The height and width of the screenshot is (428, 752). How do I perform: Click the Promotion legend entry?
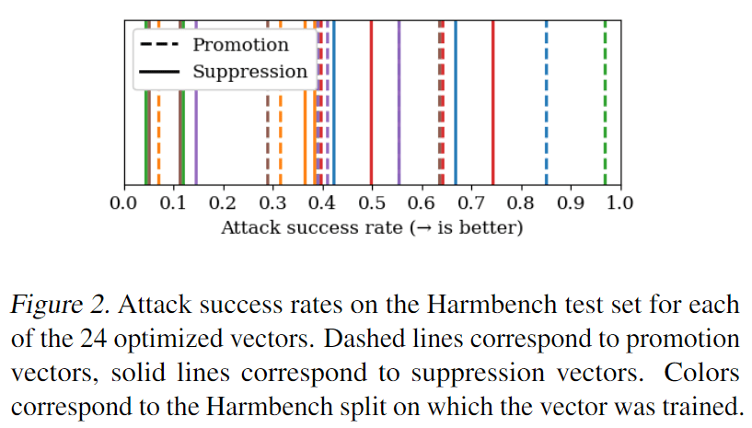(240, 45)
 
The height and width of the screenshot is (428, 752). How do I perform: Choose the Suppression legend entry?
(249, 71)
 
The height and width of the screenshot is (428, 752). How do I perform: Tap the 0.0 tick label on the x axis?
(123, 202)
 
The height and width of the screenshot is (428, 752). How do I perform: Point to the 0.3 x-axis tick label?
(272, 202)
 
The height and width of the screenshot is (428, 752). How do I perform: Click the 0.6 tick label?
(421, 202)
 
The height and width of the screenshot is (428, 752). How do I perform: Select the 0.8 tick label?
(520, 202)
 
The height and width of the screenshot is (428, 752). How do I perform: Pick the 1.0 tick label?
(619, 202)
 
